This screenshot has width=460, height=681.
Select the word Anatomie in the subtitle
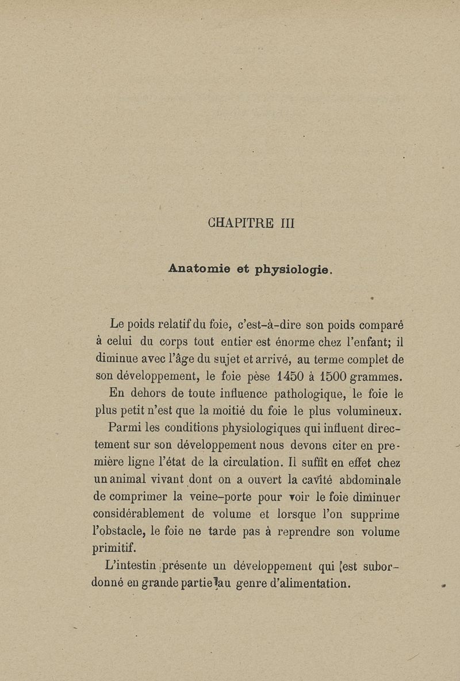click(200, 268)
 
